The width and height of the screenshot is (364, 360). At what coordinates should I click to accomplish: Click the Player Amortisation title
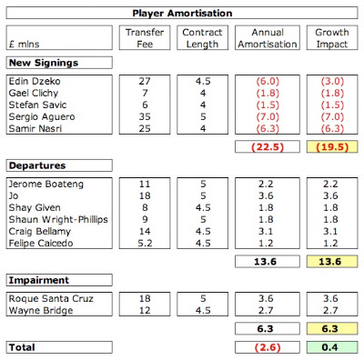tap(182, 14)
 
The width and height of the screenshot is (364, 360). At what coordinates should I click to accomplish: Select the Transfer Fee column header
tap(145, 38)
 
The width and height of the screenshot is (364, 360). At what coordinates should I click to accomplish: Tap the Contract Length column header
tap(202, 38)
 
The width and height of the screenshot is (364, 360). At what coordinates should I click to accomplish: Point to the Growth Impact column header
tap(332, 38)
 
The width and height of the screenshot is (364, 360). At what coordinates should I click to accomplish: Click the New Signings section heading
tap(44, 63)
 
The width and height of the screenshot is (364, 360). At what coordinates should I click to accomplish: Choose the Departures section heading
tap(37, 165)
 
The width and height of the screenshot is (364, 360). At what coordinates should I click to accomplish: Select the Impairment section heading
tap(39, 280)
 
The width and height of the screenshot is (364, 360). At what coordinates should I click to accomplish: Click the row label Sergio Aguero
tap(42, 116)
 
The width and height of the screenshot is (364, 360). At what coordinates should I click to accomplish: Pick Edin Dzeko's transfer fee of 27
tap(145, 81)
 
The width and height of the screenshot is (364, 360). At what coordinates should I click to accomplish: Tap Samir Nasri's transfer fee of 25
tap(145, 128)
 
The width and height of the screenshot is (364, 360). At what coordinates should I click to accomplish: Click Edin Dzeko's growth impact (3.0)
tap(332, 81)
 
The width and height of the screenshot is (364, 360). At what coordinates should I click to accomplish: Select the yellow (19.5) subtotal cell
tap(332, 147)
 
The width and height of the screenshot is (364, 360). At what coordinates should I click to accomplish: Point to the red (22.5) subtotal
tap(268, 147)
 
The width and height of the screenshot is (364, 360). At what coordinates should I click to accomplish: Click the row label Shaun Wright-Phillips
tap(58, 219)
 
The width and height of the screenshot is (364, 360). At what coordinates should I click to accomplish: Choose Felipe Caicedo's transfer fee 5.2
tap(145, 243)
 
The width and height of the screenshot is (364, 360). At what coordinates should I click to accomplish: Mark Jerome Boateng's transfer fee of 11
tap(145, 184)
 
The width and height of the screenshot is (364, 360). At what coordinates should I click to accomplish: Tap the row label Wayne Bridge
tap(41, 311)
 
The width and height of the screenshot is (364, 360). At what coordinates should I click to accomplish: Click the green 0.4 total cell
tap(332, 347)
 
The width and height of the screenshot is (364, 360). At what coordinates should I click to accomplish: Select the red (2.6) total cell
tap(268, 347)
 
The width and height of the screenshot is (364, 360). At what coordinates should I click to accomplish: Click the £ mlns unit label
tap(25, 45)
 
